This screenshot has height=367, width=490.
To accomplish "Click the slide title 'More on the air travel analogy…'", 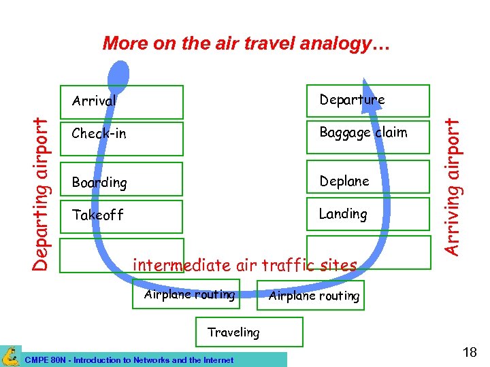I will pyautogui.click(x=246, y=44).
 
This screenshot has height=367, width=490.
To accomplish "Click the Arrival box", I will pyautogui.click(x=122, y=101).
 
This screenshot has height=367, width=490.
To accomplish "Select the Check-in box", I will pyautogui.click(x=122, y=138).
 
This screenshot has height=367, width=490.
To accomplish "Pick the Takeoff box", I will pyautogui.click(x=122, y=216).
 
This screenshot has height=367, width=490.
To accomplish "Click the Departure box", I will pyautogui.click(x=367, y=101).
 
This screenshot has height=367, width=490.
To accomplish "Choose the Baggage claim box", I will pyautogui.click(x=367, y=137).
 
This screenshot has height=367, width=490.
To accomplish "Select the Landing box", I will pyautogui.click(x=367, y=215).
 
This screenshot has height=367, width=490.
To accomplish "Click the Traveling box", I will pyautogui.click(x=248, y=332).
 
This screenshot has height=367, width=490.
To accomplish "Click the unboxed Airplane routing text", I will pyautogui.click(x=314, y=296).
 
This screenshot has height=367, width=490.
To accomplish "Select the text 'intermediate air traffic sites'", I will pyautogui.click(x=244, y=265).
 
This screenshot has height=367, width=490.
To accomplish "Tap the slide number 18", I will pyautogui.click(x=469, y=352).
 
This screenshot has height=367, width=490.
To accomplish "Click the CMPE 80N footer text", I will pyautogui.click(x=129, y=360).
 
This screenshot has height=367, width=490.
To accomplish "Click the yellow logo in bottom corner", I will pyautogui.click(x=10, y=355).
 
